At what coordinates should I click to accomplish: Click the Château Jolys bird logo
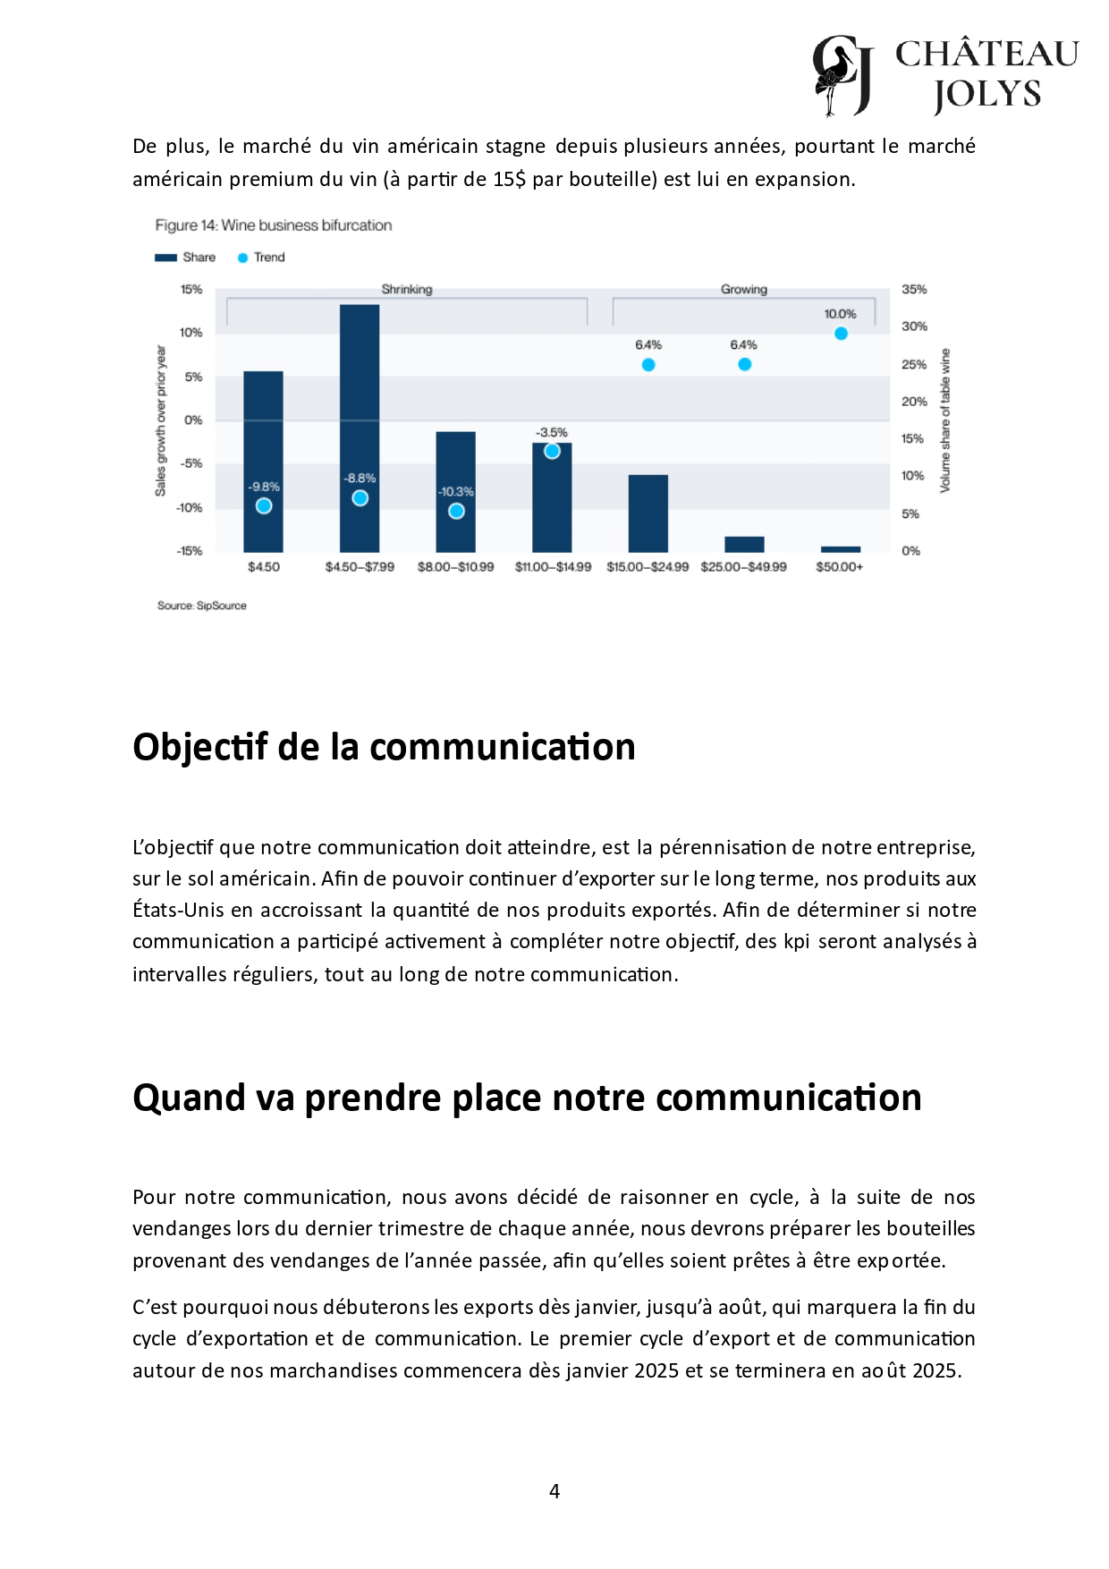click(x=842, y=76)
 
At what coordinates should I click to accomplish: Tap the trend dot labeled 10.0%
click(x=841, y=334)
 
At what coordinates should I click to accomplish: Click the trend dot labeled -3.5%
click(x=552, y=451)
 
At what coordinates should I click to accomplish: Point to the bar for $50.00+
click(x=841, y=549)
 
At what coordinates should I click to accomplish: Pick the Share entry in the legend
click(x=186, y=258)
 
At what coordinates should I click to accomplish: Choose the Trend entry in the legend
click(x=261, y=258)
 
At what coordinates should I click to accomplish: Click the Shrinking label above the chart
click(x=407, y=289)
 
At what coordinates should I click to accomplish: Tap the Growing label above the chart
click(x=744, y=289)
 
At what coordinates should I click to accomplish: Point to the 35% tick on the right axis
click(x=914, y=289)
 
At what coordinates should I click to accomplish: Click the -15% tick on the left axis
click(x=190, y=551)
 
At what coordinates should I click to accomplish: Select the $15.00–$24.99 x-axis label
click(x=648, y=567)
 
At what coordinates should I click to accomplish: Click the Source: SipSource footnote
click(x=202, y=606)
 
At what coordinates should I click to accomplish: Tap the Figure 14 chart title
click(x=274, y=225)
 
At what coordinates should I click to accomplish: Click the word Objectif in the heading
click(x=200, y=747)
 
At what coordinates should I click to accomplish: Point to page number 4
click(x=554, y=1491)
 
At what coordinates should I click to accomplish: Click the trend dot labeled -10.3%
click(x=456, y=511)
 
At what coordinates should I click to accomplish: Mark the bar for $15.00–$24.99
click(x=648, y=513)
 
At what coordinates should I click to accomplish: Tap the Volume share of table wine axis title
click(x=945, y=420)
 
